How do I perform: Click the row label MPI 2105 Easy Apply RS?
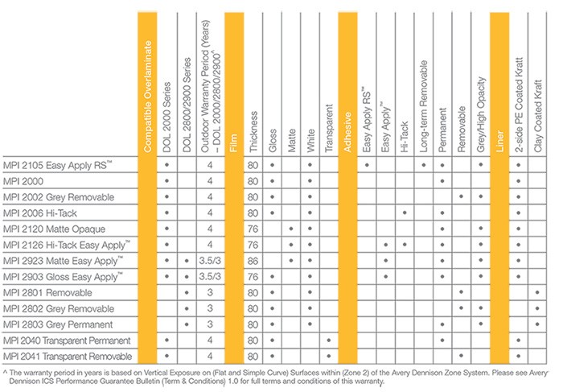[x=57, y=165]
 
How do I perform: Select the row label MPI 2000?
[x=23, y=181]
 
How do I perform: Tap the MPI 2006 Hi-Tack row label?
[x=40, y=213]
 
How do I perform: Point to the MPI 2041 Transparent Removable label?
[x=68, y=357]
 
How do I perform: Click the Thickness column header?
[x=253, y=131]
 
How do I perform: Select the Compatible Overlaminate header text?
[x=147, y=97]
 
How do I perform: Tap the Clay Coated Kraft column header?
[x=537, y=116]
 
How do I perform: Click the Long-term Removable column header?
[x=424, y=106]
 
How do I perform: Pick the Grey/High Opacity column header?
[x=481, y=114]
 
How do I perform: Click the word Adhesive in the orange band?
[x=347, y=132]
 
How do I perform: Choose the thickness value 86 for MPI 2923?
[x=253, y=261]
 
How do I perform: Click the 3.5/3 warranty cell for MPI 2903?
[x=210, y=277]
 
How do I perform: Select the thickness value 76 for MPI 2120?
[x=253, y=229]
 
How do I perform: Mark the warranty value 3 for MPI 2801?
[x=210, y=292]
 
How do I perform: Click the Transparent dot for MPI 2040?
[x=329, y=340]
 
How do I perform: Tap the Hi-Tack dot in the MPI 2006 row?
[x=405, y=213]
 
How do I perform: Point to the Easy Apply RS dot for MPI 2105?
[x=367, y=165]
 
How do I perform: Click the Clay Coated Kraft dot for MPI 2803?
[x=537, y=324]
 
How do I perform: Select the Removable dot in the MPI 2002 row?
[x=462, y=196]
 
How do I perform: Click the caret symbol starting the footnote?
[x=5, y=372]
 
